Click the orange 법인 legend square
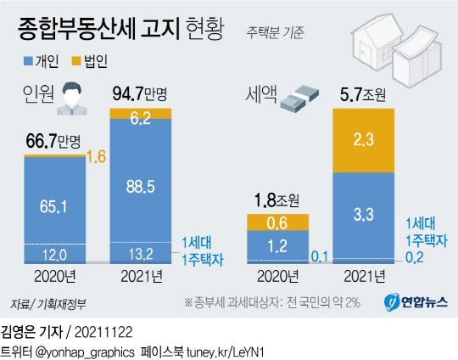75,61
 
